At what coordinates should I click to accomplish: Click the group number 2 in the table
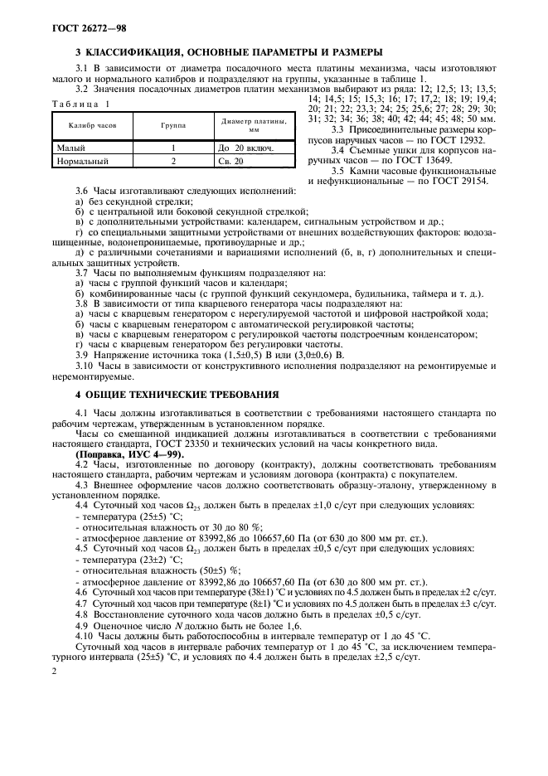pos(173,160)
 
